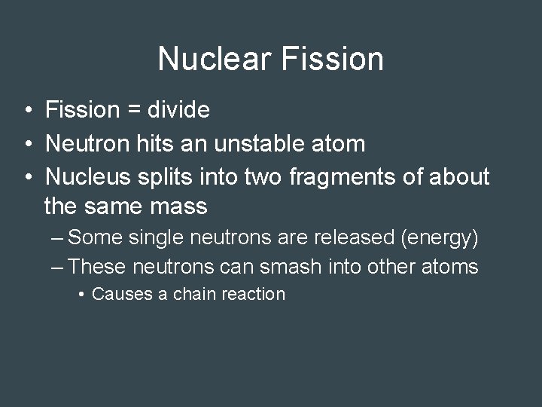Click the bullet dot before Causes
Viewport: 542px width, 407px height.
coord(81,294)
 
